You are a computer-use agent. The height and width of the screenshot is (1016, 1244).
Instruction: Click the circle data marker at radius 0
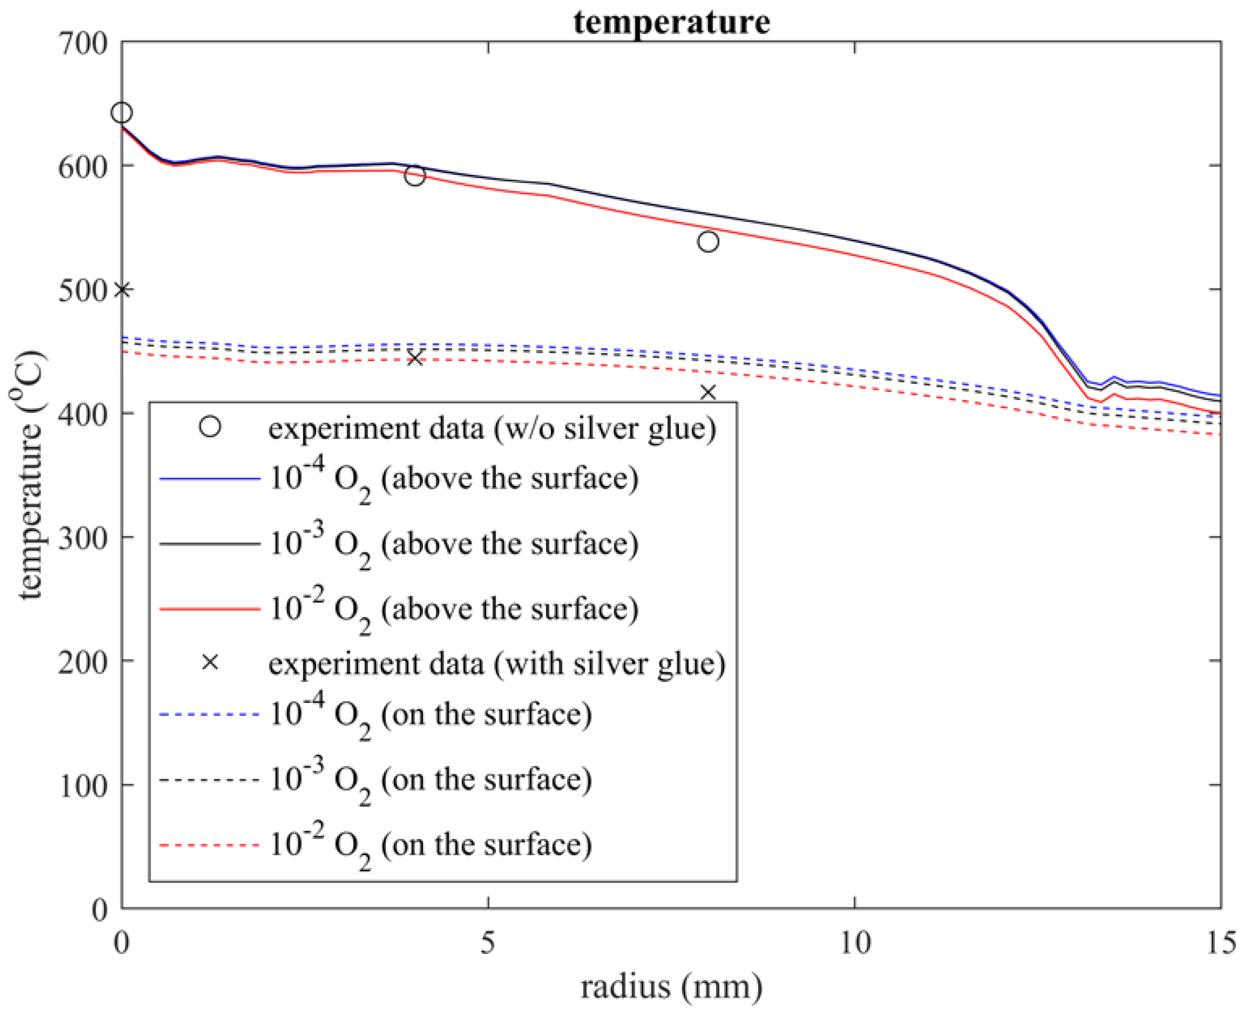[122, 112]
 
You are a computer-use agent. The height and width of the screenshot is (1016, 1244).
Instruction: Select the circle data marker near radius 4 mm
[415, 176]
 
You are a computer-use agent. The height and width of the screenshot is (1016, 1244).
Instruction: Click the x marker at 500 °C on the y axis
[122, 290]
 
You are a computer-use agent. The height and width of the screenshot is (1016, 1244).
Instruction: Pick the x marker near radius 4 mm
[415, 358]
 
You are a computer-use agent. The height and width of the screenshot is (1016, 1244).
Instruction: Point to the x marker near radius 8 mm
[708, 392]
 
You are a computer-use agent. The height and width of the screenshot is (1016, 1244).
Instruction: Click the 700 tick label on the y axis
[83, 44]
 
